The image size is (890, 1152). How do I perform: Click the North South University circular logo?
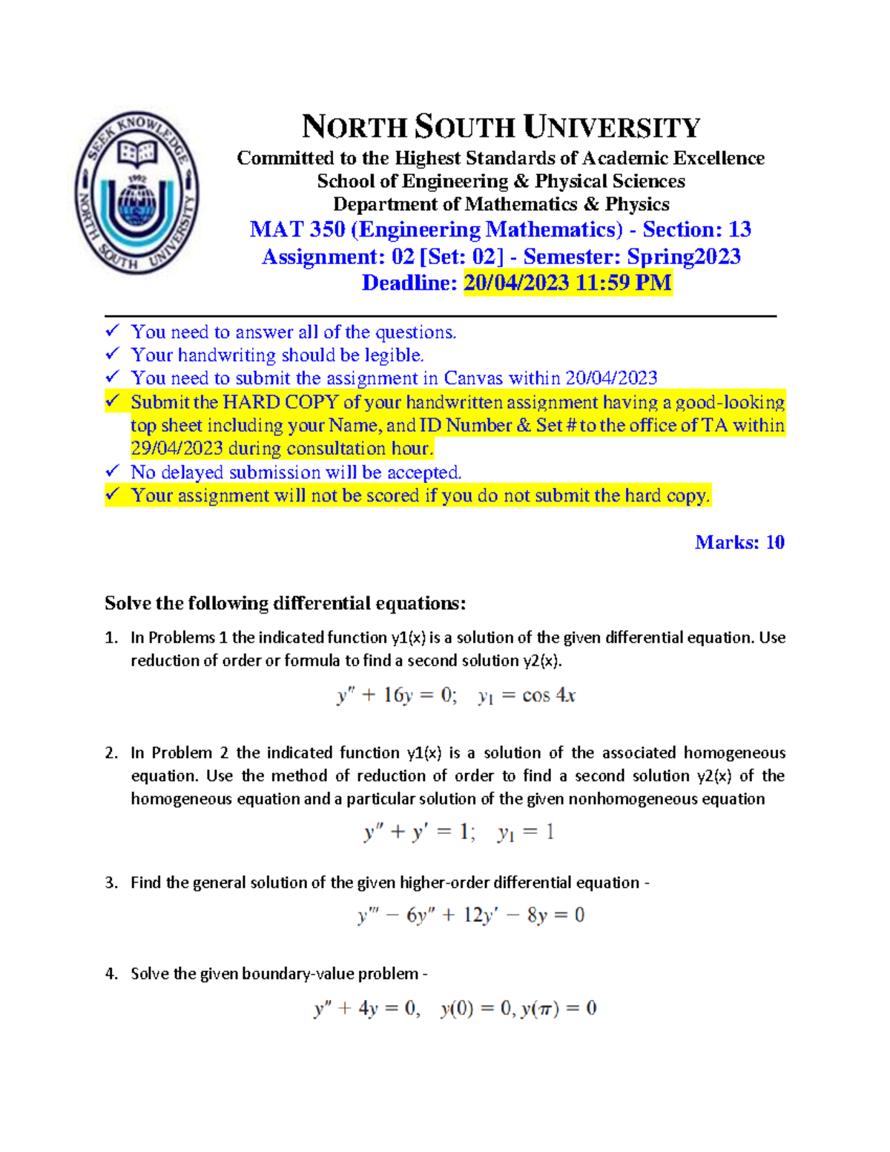[136, 193]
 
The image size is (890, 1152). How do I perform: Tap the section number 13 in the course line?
[739, 229]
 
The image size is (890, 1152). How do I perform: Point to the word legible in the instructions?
[393, 355]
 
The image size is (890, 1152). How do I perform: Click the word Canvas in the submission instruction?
[470, 378]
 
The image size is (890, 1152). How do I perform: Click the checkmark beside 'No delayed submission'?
[113, 471]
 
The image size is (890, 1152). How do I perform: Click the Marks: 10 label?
[739, 542]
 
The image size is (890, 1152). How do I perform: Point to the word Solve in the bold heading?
[128, 603]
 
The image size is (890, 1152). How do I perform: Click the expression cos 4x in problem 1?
[549, 696]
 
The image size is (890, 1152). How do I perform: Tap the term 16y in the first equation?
[398, 696]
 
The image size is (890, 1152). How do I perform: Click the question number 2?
[111, 753]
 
